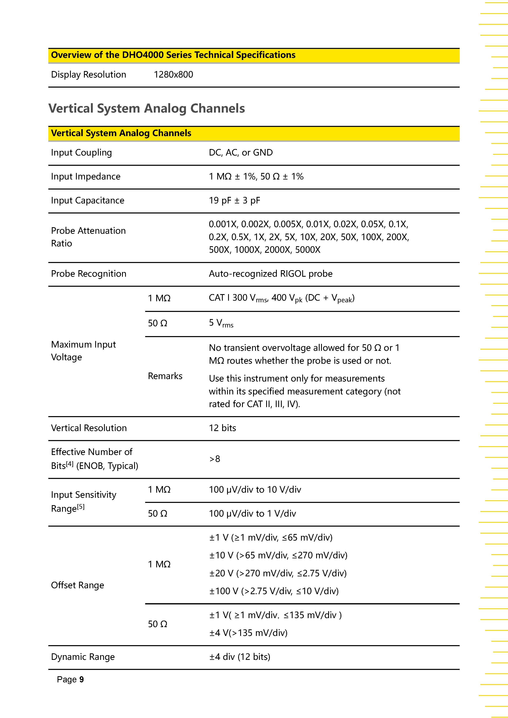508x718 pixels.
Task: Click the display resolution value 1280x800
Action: point(173,75)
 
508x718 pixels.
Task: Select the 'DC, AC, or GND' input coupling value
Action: point(241,153)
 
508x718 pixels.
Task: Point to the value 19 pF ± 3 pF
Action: point(234,200)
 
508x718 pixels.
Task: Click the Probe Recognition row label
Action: point(88,274)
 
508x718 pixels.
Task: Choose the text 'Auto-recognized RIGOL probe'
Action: point(270,274)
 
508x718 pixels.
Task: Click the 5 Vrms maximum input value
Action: point(221,323)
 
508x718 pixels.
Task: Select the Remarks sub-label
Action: point(165,376)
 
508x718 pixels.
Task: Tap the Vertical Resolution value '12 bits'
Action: point(222,428)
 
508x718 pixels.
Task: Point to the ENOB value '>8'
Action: point(215,459)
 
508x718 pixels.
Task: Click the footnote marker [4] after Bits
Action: point(70,464)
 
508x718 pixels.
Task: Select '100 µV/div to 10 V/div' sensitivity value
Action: point(255,489)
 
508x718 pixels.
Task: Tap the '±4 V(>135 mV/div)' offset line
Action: point(248,633)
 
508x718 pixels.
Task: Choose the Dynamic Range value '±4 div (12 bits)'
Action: point(239,657)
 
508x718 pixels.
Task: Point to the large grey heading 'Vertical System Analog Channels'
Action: point(146,108)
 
